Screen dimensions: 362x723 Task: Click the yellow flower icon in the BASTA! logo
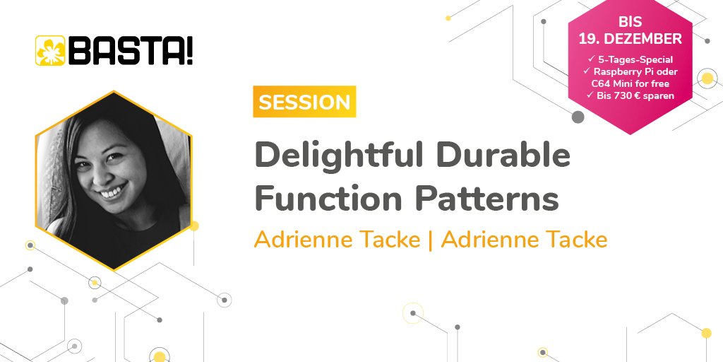click(x=49, y=50)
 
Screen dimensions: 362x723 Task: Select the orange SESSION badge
click(x=304, y=102)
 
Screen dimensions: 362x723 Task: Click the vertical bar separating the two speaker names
click(x=431, y=240)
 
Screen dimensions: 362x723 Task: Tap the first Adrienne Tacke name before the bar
click(x=337, y=240)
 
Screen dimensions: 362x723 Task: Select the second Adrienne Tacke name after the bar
click(x=524, y=240)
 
